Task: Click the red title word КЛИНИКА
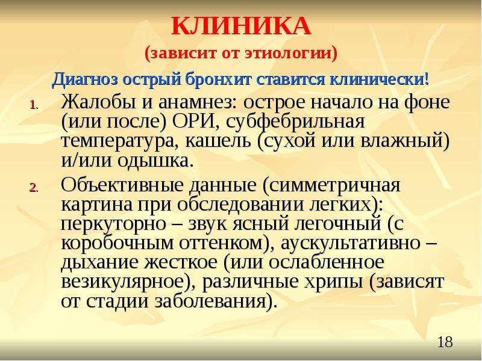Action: (x=241, y=26)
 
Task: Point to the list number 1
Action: (x=33, y=105)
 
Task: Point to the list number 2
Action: (x=33, y=187)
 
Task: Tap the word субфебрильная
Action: (x=296, y=123)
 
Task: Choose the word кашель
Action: (x=218, y=141)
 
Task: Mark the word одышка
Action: (x=153, y=161)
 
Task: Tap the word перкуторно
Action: (x=113, y=224)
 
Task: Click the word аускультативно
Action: (x=350, y=244)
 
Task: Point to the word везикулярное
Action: (x=123, y=282)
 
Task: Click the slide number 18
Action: (x=445, y=342)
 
